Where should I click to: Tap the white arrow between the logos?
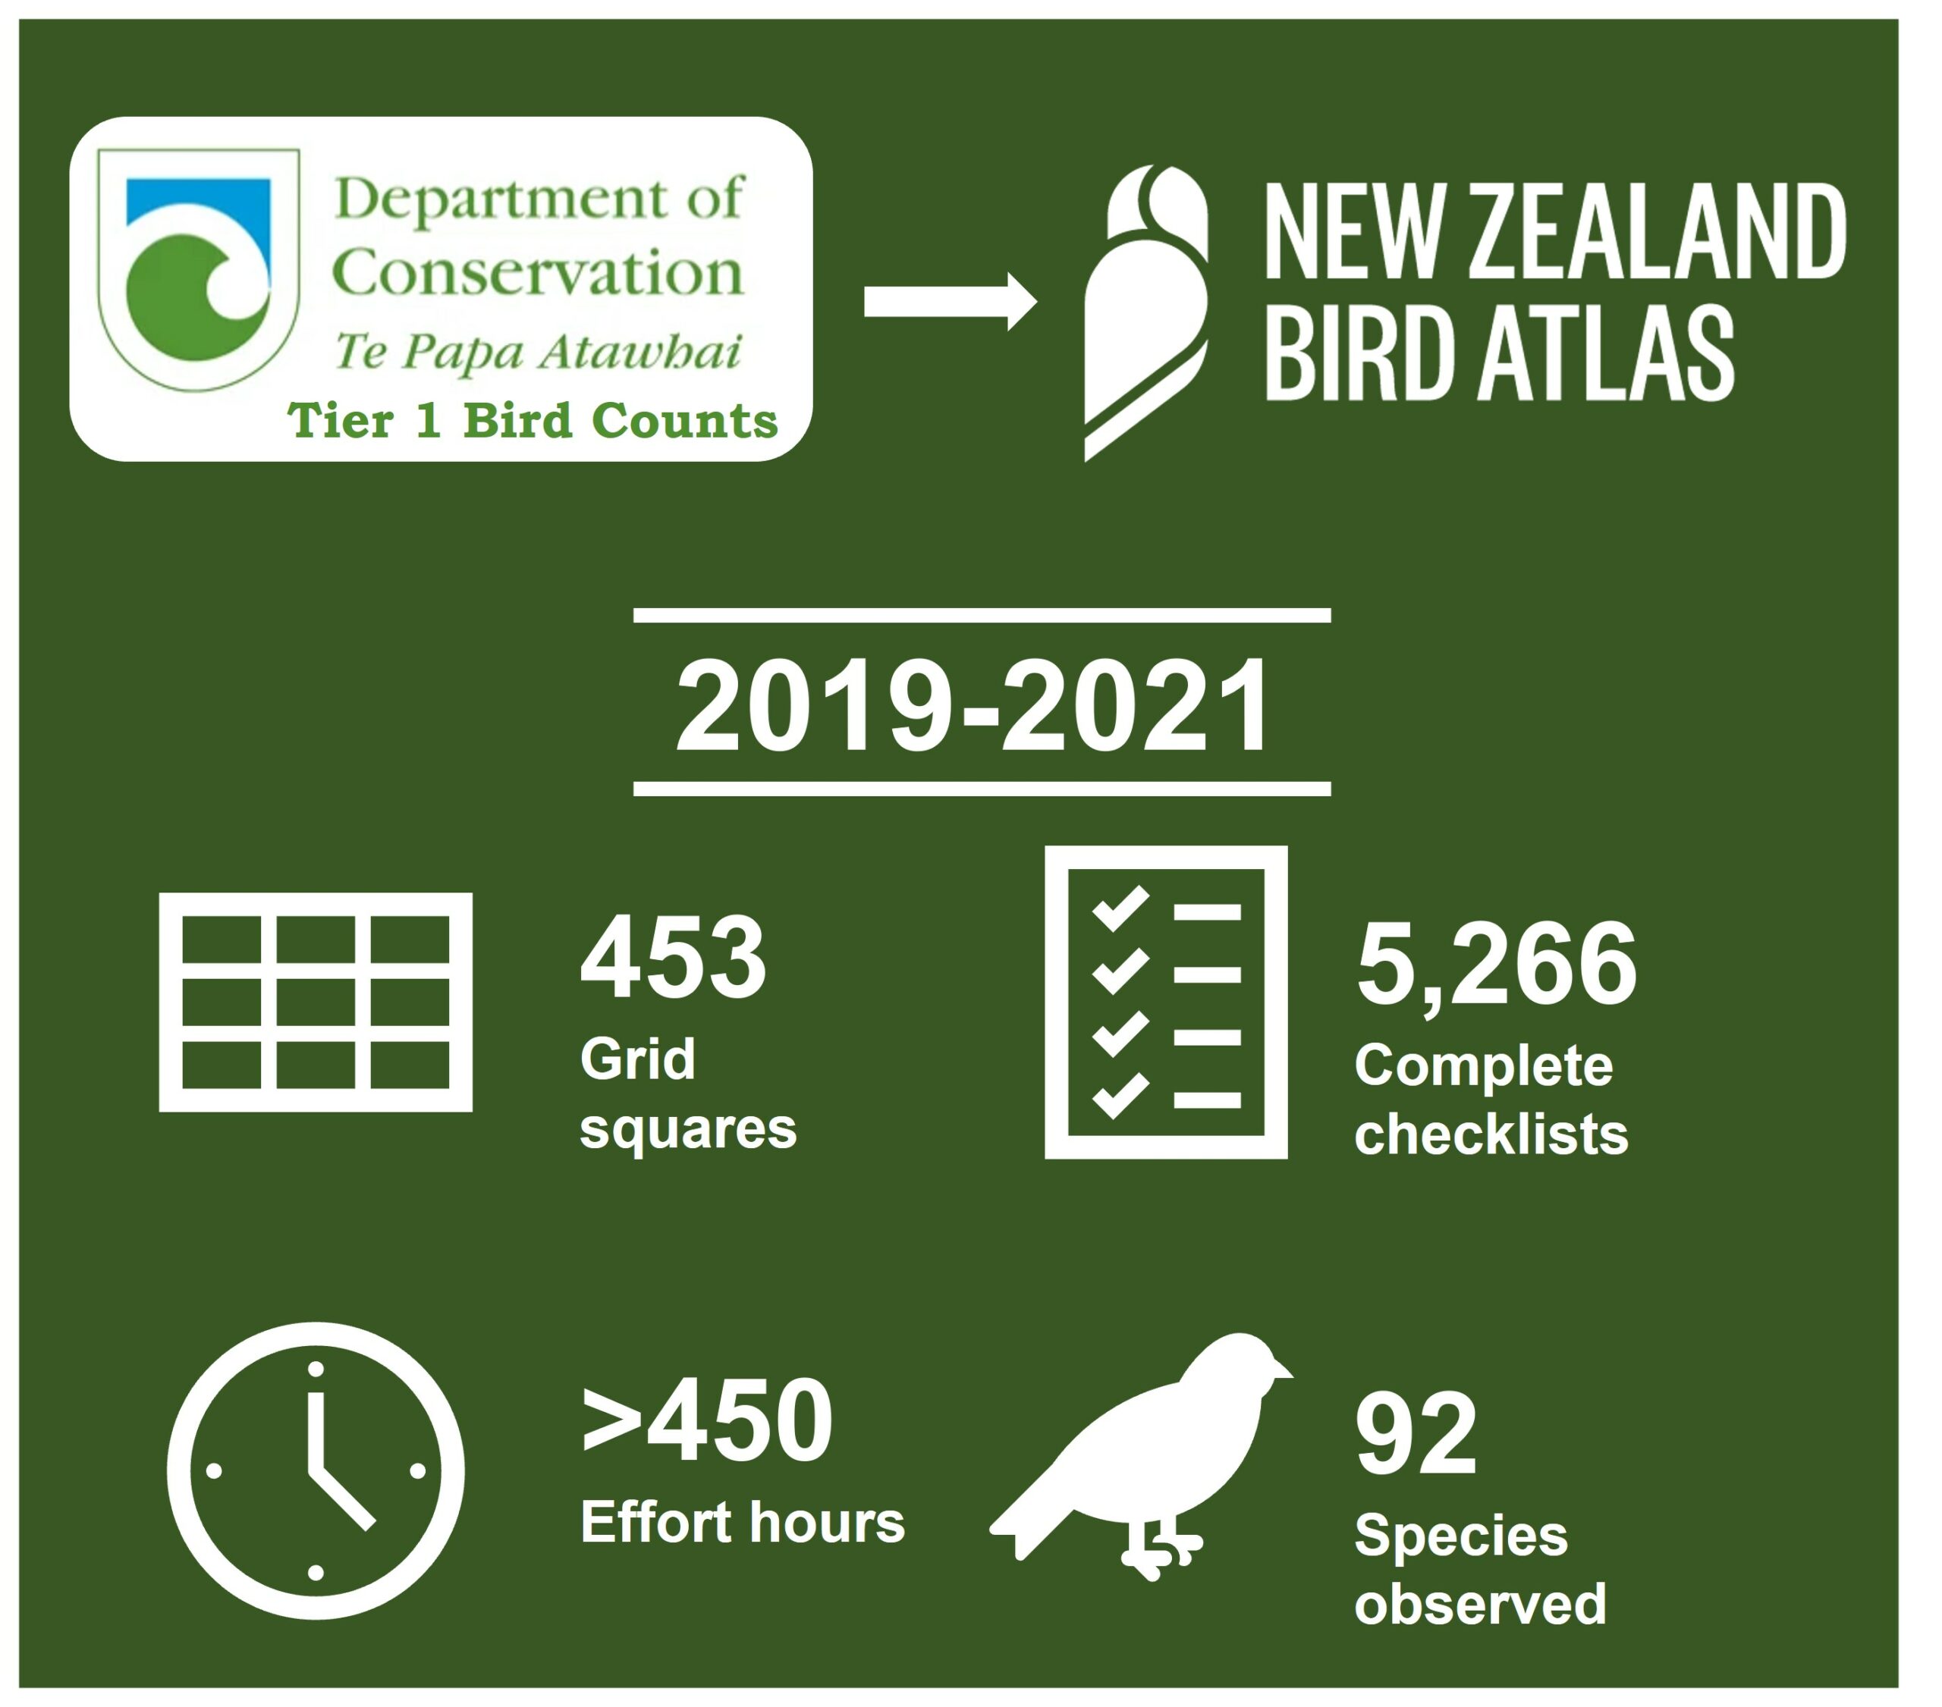tap(949, 302)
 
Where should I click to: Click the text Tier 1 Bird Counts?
tap(532, 421)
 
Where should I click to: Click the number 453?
tap(673, 958)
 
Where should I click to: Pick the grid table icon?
tap(316, 1003)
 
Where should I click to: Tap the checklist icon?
tap(1166, 1003)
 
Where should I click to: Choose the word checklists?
tap(1491, 1134)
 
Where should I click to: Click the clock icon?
tap(316, 1470)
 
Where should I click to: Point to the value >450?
tap(707, 1421)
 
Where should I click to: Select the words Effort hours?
tap(742, 1523)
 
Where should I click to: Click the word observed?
tap(1480, 1605)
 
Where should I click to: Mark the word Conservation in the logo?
tap(538, 274)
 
